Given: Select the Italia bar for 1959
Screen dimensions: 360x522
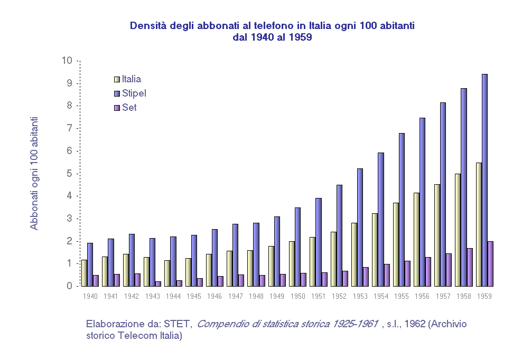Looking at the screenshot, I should (x=479, y=224).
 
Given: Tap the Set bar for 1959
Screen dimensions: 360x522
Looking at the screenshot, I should (x=490, y=264).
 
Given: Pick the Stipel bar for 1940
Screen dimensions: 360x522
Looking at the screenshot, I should (x=90, y=264).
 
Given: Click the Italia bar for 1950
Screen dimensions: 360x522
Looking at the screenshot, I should (x=292, y=264).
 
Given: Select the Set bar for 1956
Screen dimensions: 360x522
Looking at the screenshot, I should (x=428, y=272).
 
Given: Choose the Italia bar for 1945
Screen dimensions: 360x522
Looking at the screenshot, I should (x=188, y=272).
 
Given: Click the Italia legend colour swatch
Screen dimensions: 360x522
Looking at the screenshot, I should (x=117, y=79).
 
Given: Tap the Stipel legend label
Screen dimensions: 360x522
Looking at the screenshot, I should (x=134, y=93).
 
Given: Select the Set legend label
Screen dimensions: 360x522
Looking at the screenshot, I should (x=129, y=108).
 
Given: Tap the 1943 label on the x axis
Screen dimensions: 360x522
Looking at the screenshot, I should (x=152, y=296).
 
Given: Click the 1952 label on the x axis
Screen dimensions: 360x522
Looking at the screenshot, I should (x=339, y=296).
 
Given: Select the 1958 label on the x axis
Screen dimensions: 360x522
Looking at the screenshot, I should (x=463, y=296).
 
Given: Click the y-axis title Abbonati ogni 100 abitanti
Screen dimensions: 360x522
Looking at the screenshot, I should (x=34, y=173).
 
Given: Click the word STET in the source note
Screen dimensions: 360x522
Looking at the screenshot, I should (x=178, y=324).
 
